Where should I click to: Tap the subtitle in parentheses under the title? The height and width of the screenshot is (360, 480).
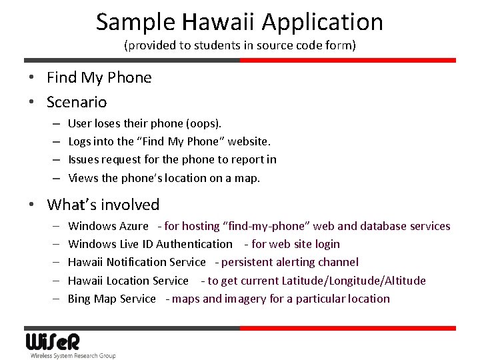tap(240, 46)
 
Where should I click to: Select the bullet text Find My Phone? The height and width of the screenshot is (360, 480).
tap(99, 77)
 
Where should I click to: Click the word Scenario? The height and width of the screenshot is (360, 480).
tap(77, 102)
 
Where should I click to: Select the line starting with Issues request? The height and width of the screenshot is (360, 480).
tap(172, 159)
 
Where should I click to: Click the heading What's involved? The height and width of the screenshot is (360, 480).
tap(103, 205)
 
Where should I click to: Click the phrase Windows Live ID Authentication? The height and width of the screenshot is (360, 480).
tap(150, 245)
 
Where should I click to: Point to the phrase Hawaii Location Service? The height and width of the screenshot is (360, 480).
tap(128, 281)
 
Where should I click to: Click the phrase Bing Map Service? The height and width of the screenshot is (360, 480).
tap(111, 299)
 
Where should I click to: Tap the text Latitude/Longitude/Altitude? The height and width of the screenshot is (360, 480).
tap(353, 281)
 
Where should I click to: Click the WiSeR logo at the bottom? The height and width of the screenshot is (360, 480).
tap(53, 341)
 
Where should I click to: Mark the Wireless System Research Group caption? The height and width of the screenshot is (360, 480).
tap(73, 356)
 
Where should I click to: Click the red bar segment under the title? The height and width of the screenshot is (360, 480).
tap(347, 60)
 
